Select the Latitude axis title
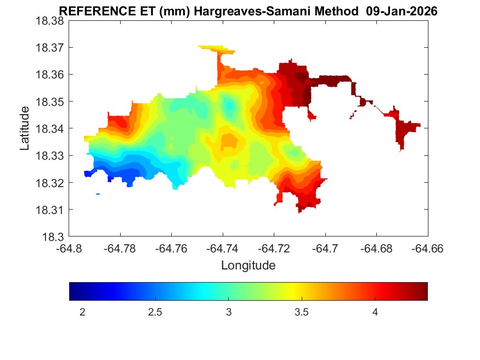tap(25, 128)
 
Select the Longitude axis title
tap(248, 266)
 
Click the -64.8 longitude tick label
tap(69, 248)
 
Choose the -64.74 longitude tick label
tap(223, 248)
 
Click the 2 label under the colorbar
tap(82, 312)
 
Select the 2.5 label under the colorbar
tap(155, 312)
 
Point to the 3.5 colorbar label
tap(302, 312)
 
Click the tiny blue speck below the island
tap(98, 194)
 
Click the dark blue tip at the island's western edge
tap(87, 173)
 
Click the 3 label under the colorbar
tap(229, 312)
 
